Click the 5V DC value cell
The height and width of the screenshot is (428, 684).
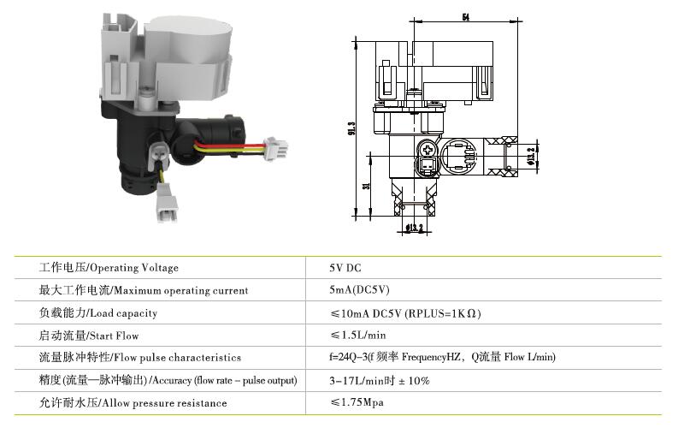[345, 268]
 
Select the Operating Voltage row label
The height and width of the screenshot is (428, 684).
[109, 268]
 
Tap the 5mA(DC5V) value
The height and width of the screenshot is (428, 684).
[359, 290]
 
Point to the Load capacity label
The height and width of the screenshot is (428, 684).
[98, 312]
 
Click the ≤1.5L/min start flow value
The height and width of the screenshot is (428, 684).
[358, 335]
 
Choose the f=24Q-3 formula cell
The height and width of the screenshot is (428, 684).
[442, 357]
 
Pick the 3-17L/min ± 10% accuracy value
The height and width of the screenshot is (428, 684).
[380, 380]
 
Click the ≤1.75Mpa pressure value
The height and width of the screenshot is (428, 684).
[357, 402]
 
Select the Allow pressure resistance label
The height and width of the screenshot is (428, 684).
[133, 402]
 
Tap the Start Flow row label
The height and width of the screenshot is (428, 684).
[89, 336]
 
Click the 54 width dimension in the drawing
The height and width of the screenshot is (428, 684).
[466, 17]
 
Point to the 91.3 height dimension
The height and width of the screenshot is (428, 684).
[351, 128]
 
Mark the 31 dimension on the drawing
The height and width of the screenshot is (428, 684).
[367, 186]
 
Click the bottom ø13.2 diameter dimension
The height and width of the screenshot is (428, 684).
[414, 228]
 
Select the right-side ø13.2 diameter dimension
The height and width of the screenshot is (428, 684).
[531, 157]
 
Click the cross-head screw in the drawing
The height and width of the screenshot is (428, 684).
[427, 150]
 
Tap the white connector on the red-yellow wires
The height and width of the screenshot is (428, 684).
[276, 148]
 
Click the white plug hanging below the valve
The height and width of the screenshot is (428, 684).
[167, 203]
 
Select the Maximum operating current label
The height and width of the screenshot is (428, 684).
[144, 290]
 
